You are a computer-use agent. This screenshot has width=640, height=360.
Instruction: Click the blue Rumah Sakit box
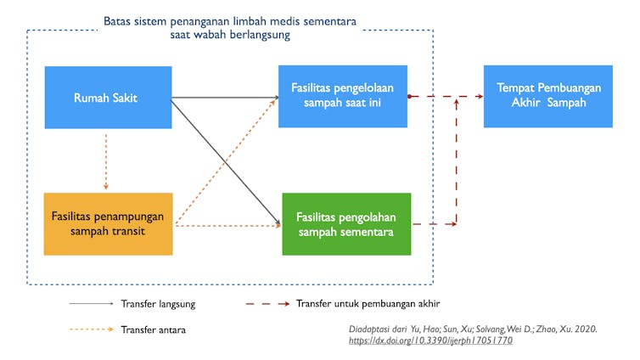point(108,98)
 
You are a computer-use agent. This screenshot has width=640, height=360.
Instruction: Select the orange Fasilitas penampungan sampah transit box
point(108,224)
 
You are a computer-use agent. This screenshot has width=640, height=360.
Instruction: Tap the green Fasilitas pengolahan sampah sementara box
point(346,224)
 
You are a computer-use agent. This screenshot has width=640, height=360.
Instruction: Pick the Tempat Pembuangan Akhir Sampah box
point(548,96)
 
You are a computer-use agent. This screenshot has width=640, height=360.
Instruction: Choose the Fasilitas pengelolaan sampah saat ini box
point(343,96)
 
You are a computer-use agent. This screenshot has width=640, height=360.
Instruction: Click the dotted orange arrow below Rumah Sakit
point(106,161)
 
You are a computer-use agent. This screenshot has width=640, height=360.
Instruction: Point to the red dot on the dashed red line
point(409,96)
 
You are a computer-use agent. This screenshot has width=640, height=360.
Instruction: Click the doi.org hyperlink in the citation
point(430,340)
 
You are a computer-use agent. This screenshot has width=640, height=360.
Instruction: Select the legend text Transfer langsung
point(158,304)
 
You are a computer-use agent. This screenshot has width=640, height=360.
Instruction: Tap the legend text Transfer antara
point(153,329)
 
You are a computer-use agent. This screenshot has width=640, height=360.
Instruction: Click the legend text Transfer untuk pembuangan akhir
point(368,304)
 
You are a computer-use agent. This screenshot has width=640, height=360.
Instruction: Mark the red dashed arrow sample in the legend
point(267,304)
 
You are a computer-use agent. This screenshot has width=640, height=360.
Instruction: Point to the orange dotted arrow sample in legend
point(92,329)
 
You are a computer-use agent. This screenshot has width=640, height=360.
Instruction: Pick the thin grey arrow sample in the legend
point(92,303)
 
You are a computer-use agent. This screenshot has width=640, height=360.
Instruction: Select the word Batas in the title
point(115,21)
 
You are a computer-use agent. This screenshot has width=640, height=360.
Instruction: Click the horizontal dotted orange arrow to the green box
point(228,225)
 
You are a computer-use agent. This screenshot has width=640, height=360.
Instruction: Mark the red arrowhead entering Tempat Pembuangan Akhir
point(480,96)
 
